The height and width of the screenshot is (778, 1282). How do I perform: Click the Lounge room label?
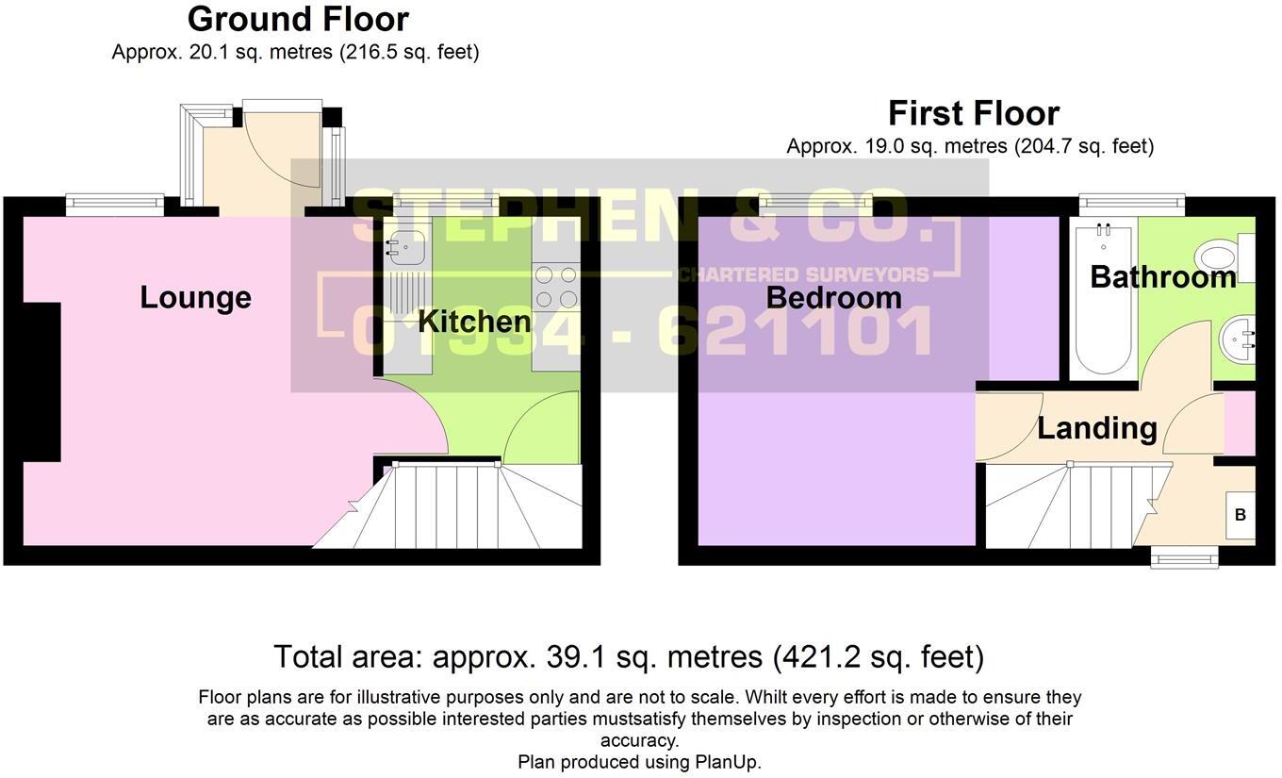point(195,298)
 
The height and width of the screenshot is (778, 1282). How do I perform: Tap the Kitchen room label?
point(474,322)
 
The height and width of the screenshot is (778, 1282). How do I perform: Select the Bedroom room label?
point(833,298)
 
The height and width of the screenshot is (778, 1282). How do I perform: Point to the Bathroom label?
point(1162,277)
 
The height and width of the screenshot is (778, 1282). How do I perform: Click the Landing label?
point(1096,428)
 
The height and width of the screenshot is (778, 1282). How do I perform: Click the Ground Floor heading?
point(298,19)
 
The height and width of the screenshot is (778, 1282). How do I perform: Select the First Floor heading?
point(974,113)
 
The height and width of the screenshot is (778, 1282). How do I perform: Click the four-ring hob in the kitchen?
point(556,287)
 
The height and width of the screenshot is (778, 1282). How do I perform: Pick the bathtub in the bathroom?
point(1104,297)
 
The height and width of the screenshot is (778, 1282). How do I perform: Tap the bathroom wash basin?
point(1239,340)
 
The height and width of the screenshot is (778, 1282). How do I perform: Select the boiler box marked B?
point(1241,515)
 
